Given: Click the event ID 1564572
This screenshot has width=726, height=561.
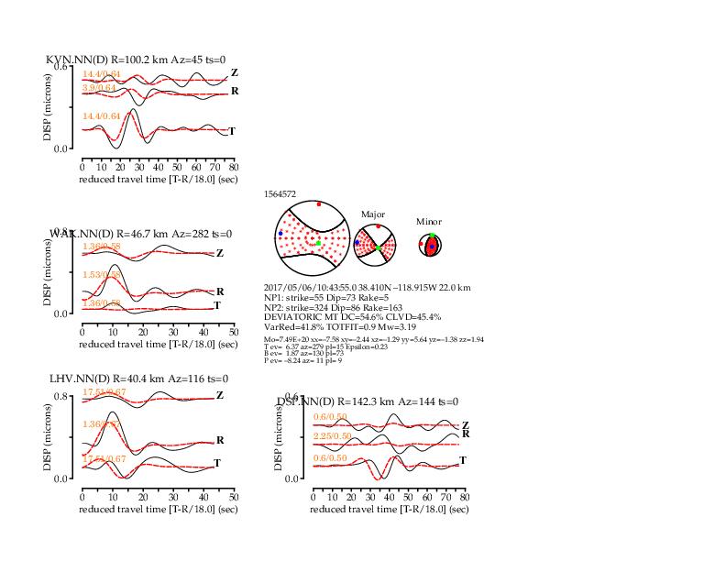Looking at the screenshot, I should click(x=280, y=194).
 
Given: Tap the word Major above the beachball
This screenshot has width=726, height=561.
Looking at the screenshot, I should click(x=372, y=214).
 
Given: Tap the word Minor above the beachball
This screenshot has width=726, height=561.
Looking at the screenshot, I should click(x=428, y=222).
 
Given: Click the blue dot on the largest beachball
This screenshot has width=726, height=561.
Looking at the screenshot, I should click(x=280, y=234).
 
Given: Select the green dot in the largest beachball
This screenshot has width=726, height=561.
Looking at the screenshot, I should click(x=318, y=243).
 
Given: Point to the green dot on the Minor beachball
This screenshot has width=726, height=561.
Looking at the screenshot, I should click(x=432, y=236).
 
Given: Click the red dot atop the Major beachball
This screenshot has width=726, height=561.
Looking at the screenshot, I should click(x=378, y=225).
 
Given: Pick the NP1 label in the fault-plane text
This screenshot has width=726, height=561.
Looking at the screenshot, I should click(x=273, y=297).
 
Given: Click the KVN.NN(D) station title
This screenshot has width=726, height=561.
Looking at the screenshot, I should click(x=78, y=60).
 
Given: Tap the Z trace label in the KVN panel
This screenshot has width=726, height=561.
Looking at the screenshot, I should click(x=235, y=72).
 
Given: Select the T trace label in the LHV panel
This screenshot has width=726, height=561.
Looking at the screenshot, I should click(x=217, y=463).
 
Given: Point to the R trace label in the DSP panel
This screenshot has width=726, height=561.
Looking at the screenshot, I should click(x=466, y=434).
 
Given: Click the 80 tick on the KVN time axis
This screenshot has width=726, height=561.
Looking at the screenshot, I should click(x=234, y=168).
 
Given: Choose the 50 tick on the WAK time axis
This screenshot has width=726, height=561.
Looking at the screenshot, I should click(x=233, y=333).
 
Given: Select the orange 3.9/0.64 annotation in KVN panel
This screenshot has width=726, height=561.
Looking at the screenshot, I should click(x=101, y=87).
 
